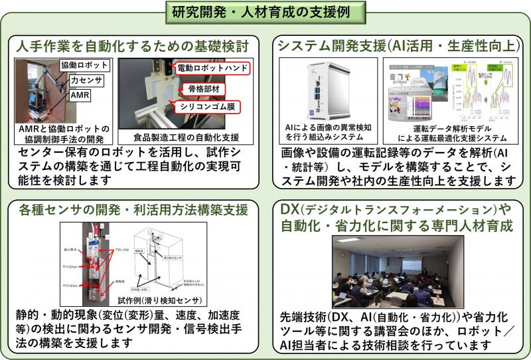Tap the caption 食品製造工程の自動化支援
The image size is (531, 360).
(185, 138)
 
